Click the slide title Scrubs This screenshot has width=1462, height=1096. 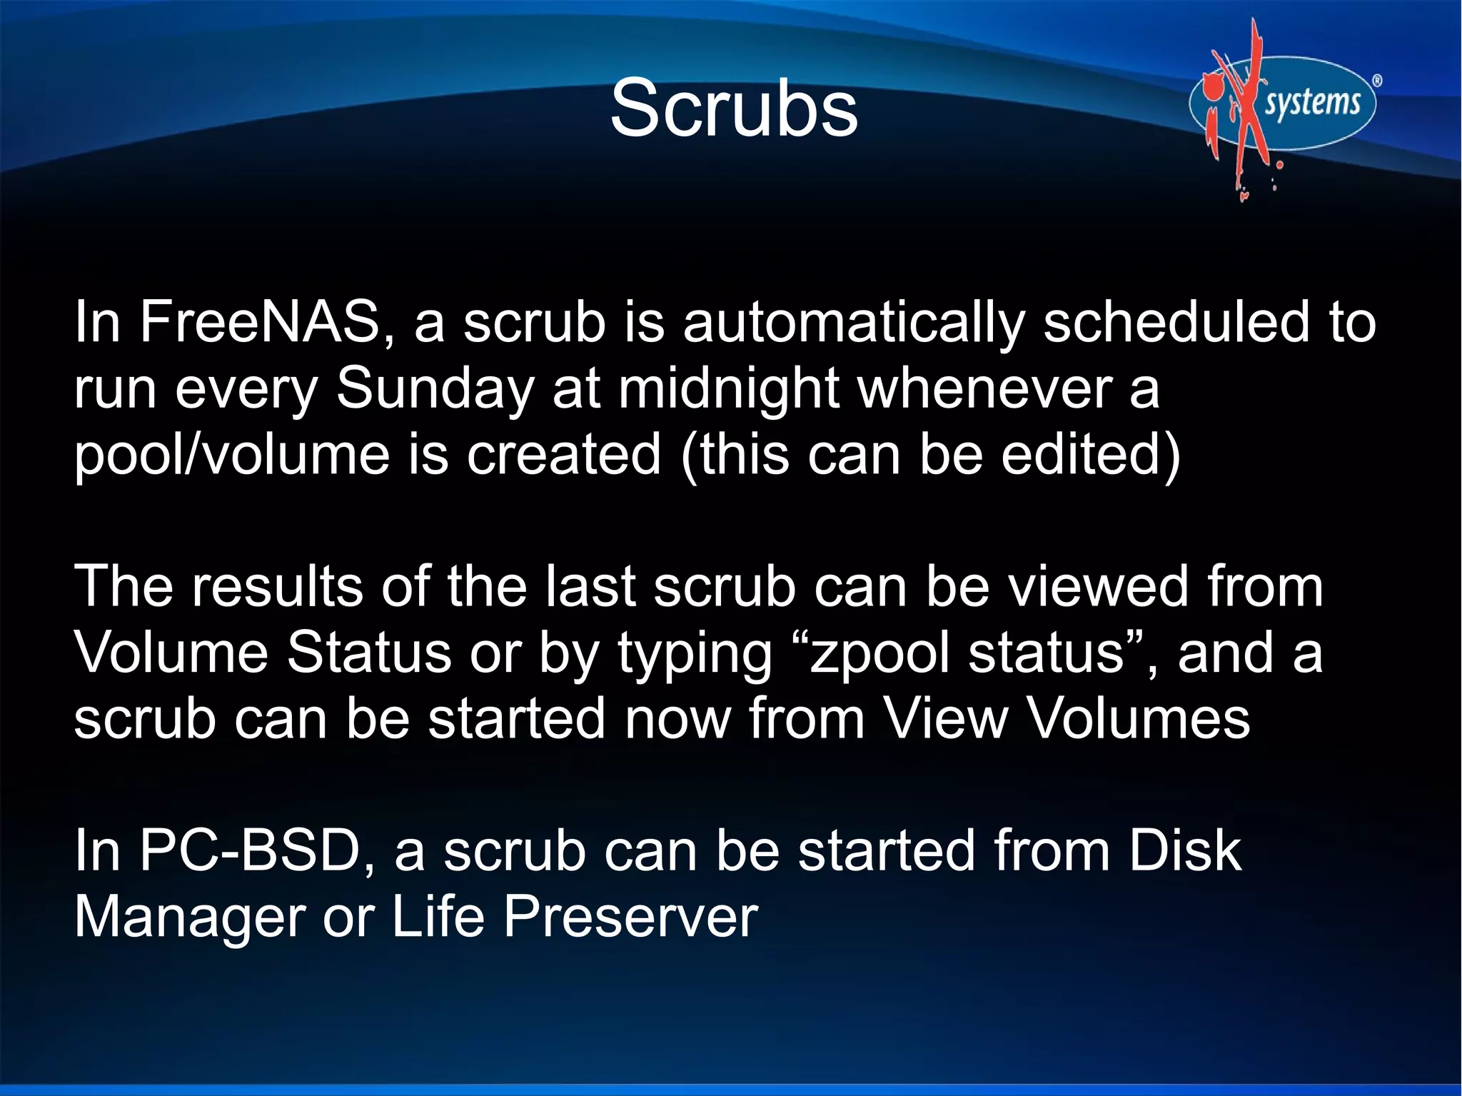tap(733, 109)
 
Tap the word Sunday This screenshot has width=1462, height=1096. tap(435, 389)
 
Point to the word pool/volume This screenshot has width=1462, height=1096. tap(231, 456)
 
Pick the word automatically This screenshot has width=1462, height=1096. tap(853, 322)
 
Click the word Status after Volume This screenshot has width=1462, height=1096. tap(369, 653)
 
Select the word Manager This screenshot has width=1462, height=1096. tap(190, 917)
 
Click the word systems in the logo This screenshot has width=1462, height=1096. tap(1312, 102)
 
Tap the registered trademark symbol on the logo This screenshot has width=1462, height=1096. tap(1377, 81)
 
